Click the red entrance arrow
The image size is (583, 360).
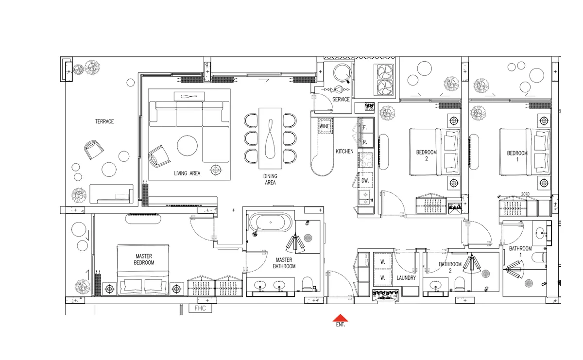[x=340, y=318]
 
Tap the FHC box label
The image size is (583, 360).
[x=200, y=309]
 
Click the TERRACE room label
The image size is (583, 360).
[x=104, y=121]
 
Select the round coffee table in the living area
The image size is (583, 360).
[x=187, y=146]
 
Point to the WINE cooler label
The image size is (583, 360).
[x=325, y=126]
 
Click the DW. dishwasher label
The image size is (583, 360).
[x=365, y=180]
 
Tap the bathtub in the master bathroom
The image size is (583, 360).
[x=271, y=223]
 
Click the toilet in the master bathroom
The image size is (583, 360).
[x=308, y=284]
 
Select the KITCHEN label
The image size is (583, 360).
[x=344, y=151]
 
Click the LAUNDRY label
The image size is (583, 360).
[x=406, y=278]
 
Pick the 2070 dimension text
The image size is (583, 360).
[x=525, y=194]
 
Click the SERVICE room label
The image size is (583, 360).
[x=341, y=99]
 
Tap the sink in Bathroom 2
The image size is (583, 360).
[x=435, y=285]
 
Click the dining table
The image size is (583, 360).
[x=270, y=138]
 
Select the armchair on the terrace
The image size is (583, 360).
[x=94, y=150]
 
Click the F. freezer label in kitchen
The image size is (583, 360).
[x=365, y=128]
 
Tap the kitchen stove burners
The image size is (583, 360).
[x=366, y=160]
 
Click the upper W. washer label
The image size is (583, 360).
[x=383, y=261]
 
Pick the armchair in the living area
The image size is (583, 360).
[x=159, y=156]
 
